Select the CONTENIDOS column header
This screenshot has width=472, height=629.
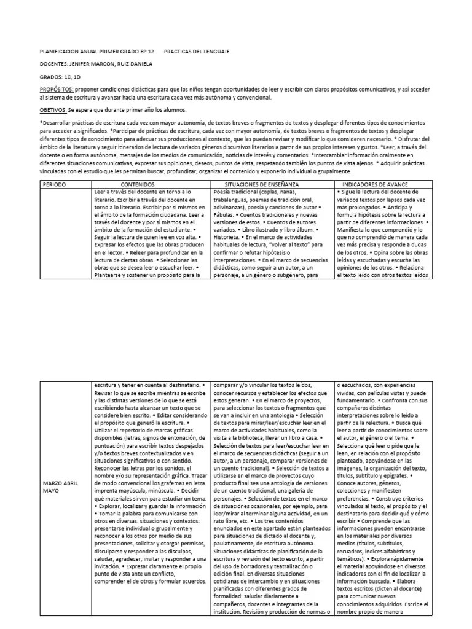pyautogui.click(x=138, y=184)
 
